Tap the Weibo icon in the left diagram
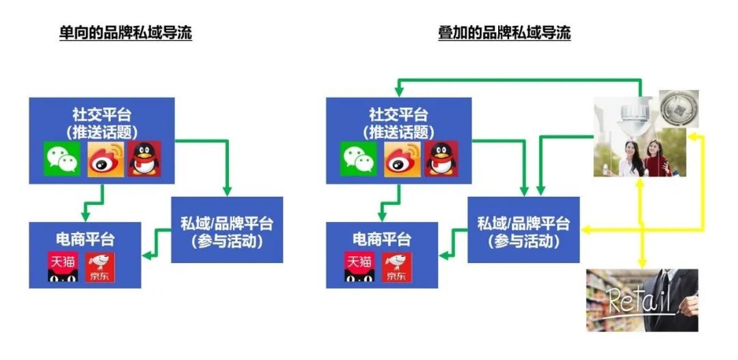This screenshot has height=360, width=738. tap(106, 158)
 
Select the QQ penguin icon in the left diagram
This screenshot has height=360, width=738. tap(144, 158)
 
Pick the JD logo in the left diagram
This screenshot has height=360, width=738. tap(100, 267)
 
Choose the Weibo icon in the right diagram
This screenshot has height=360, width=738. tap(402, 158)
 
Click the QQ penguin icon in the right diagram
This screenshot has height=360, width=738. tap(441, 158)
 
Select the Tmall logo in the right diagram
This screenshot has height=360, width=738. tap(360, 267)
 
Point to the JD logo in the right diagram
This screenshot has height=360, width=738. tap(397, 267)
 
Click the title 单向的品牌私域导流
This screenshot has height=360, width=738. tap(125, 33)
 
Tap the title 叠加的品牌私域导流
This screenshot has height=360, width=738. tap(504, 33)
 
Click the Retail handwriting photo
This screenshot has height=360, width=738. tap(642, 300)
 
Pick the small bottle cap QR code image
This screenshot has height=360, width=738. tap(679, 109)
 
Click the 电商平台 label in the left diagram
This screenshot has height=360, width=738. tap(85, 239)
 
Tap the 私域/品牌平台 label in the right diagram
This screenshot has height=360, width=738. tap(523, 223)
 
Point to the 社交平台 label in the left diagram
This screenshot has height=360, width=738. tap(102, 114)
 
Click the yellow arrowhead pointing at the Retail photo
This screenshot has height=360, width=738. tap(641, 264)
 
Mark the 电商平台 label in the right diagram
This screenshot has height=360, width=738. tap(382, 239)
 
